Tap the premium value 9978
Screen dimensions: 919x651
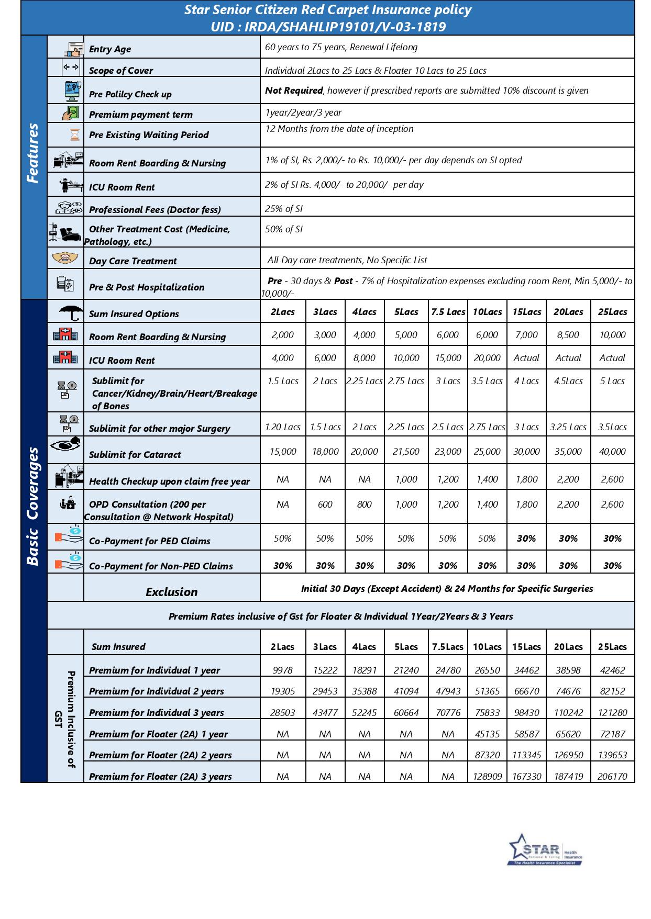[x=282, y=670]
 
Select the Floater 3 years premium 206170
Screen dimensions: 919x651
[x=612, y=776]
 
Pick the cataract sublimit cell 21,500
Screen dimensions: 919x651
[x=406, y=452]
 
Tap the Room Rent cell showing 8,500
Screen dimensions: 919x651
[x=568, y=335]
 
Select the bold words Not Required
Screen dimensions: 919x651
[x=293, y=91]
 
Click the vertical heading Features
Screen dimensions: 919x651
[x=33, y=153]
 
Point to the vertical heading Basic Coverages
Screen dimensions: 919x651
[x=33, y=506]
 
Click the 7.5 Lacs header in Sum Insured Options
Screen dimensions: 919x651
[x=448, y=312]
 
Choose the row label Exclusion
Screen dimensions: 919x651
[x=171, y=592]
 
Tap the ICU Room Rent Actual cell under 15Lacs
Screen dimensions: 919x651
[x=526, y=358]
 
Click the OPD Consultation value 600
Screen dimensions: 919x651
[x=325, y=505]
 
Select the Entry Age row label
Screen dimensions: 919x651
[x=110, y=49]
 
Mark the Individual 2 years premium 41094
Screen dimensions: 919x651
[x=406, y=691]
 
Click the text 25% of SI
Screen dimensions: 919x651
[x=284, y=209]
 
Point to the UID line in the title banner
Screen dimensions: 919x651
[x=328, y=27]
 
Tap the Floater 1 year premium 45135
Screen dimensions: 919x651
[x=487, y=734]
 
